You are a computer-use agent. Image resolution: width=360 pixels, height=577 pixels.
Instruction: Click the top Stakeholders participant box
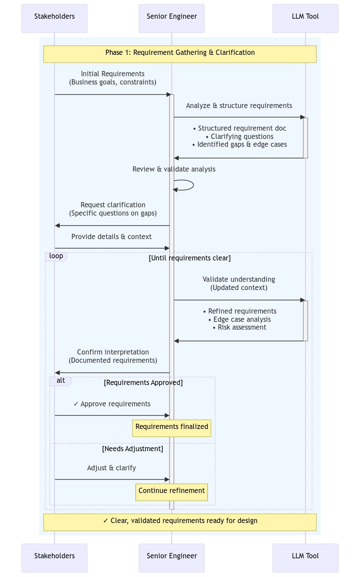coord(54,18)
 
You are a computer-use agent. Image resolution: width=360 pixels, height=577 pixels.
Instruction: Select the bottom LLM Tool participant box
coord(305,558)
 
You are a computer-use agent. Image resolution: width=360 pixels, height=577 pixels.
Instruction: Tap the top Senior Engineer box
coord(172,18)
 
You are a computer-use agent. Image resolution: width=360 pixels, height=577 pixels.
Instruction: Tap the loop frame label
coord(56,256)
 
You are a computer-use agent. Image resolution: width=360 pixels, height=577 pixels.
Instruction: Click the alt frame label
coord(61,381)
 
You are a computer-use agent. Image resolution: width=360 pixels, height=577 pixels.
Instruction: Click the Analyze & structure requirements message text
coord(239,106)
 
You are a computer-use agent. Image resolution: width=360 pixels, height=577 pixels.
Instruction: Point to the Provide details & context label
coord(112,237)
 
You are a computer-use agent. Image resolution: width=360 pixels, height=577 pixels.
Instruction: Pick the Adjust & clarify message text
coord(112,468)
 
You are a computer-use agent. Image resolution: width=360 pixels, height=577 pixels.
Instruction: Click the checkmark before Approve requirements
coord(76,404)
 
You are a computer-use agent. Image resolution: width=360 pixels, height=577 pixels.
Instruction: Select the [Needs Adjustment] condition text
coord(132,449)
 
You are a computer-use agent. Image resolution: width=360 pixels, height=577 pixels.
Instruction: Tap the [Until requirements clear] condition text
coord(190,258)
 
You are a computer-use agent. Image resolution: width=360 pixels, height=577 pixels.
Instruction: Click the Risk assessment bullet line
coord(239,327)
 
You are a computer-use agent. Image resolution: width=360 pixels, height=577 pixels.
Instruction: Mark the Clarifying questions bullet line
coord(239,137)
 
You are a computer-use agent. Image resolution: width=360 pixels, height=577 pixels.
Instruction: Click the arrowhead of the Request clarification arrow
coord(57,226)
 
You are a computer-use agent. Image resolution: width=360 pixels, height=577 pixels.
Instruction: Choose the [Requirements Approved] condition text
coord(143,383)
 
